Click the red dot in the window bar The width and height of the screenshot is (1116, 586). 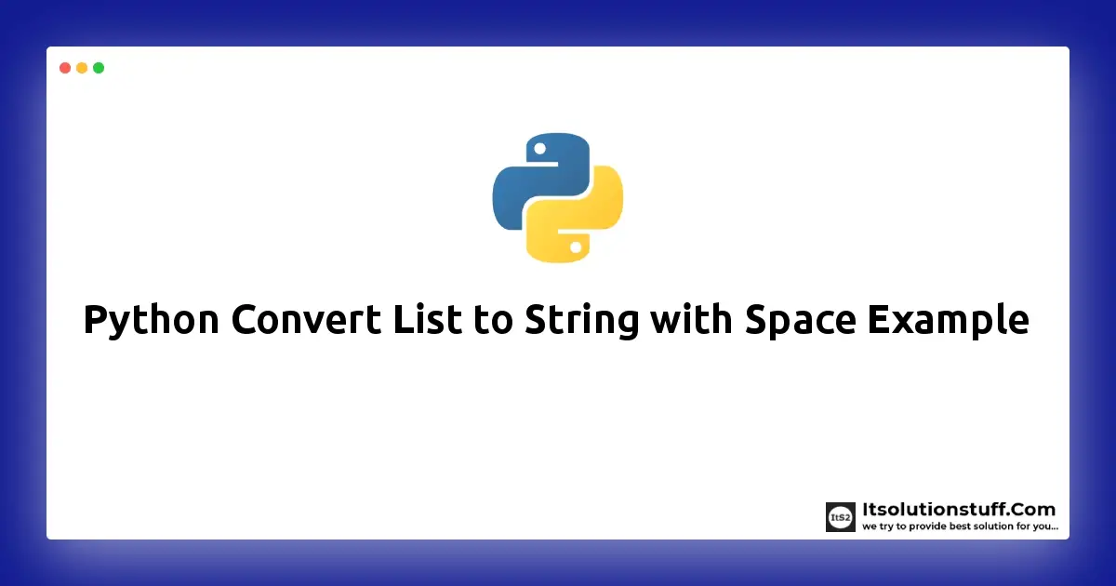(65, 68)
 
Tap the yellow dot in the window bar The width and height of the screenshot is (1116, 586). (82, 68)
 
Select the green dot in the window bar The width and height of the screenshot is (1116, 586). (99, 68)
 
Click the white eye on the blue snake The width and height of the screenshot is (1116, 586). (538, 147)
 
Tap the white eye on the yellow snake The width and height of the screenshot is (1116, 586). (577, 247)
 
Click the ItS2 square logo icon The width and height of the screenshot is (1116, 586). (840, 517)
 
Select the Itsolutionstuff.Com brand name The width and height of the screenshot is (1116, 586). (959, 510)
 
